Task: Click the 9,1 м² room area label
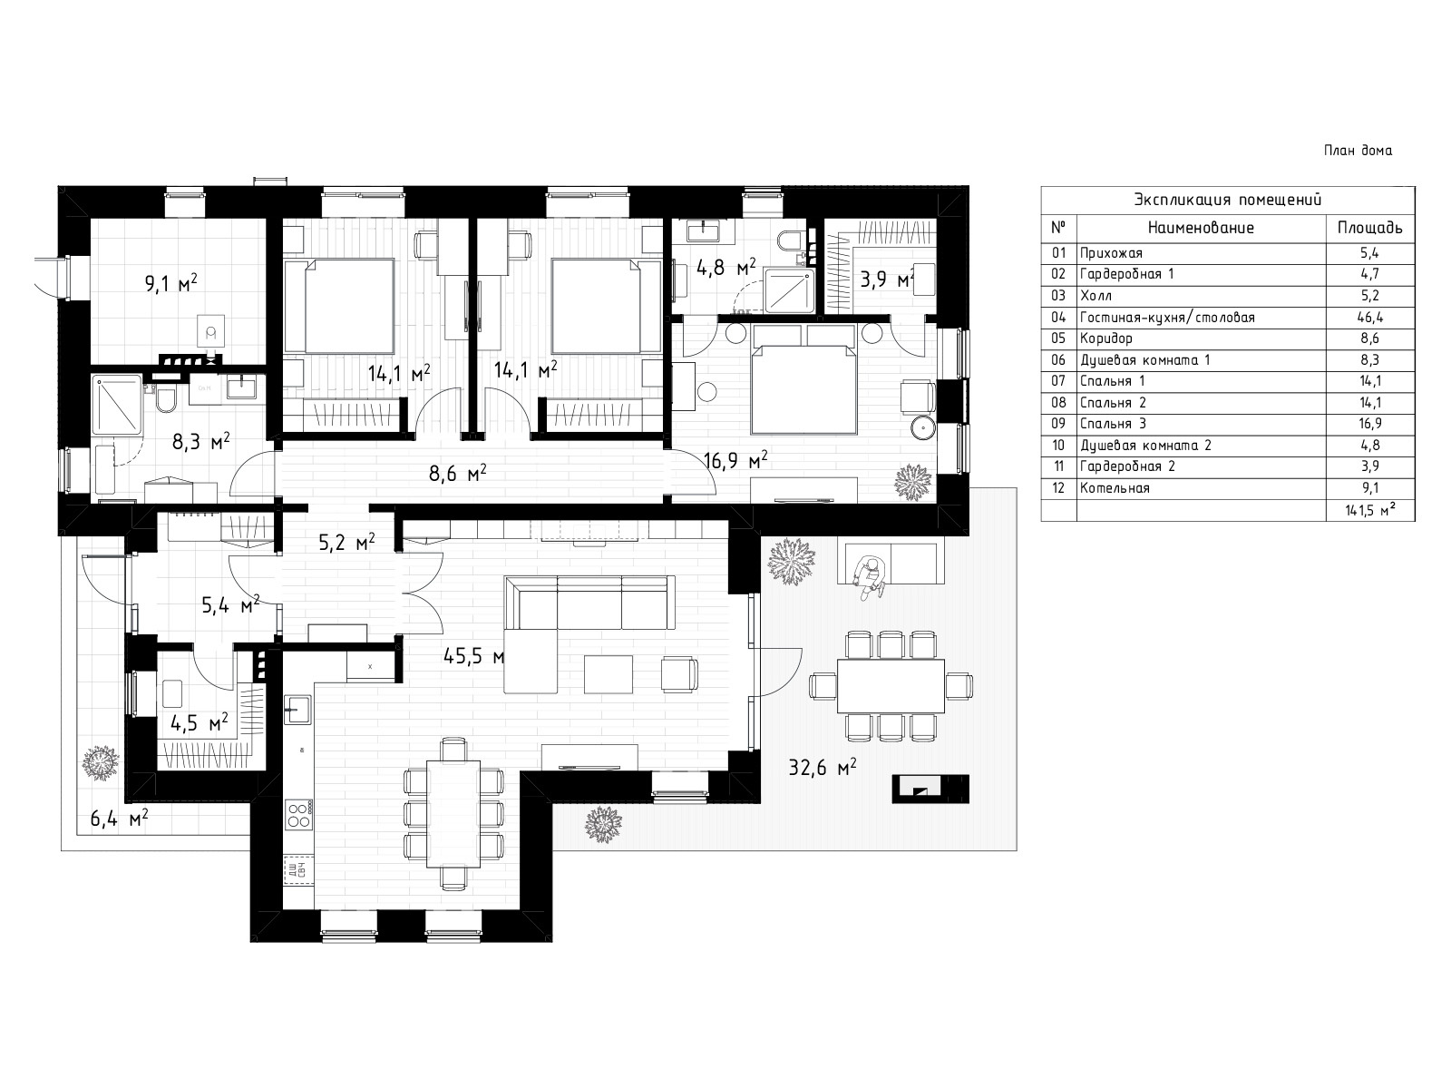click(171, 284)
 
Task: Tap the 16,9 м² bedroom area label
click(735, 459)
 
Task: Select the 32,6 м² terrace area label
click(823, 768)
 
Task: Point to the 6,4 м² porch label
click(119, 819)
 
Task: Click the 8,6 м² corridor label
click(458, 473)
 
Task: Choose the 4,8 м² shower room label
click(726, 267)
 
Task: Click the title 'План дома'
click(1358, 151)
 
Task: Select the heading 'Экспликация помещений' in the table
click(1228, 200)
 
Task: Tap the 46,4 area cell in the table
click(1369, 318)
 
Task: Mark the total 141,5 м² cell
click(1370, 510)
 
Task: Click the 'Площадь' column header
click(1369, 228)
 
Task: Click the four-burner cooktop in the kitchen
click(298, 815)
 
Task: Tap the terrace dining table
click(891, 686)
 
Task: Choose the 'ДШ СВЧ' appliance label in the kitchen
click(296, 870)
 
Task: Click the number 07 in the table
click(1058, 381)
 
